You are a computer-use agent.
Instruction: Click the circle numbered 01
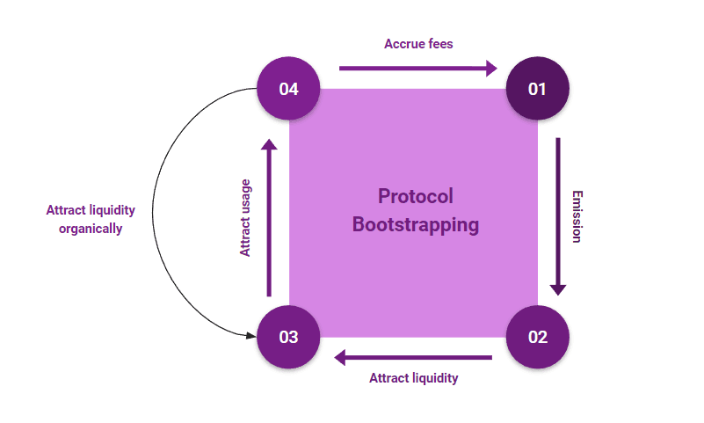[538, 89]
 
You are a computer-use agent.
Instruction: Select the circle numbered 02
[538, 337]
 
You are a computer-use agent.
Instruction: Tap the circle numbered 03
[288, 337]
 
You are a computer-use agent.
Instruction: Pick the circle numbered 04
[288, 89]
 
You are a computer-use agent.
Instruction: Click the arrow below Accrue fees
[413, 68]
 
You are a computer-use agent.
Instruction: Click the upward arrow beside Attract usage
[269, 220]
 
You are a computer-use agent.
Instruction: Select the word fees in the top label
[439, 43]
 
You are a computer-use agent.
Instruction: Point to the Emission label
[577, 216]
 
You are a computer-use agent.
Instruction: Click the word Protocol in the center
[415, 195]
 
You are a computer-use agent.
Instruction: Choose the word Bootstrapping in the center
[415, 224]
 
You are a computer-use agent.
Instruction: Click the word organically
[91, 229]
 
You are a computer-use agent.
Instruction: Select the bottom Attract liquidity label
[413, 378]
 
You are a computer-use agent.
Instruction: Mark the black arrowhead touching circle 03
[250, 335]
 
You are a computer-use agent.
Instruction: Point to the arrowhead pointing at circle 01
[491, 68]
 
